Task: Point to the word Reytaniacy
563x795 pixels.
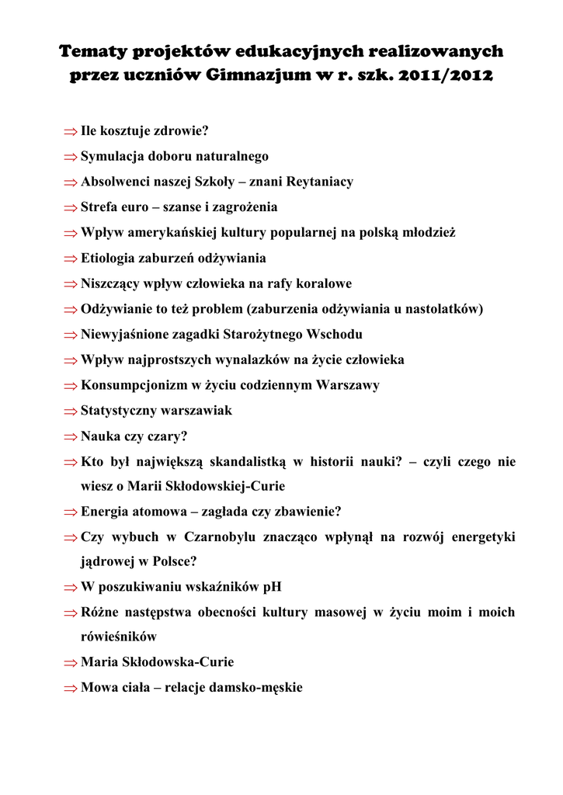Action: (x=320, y=182)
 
